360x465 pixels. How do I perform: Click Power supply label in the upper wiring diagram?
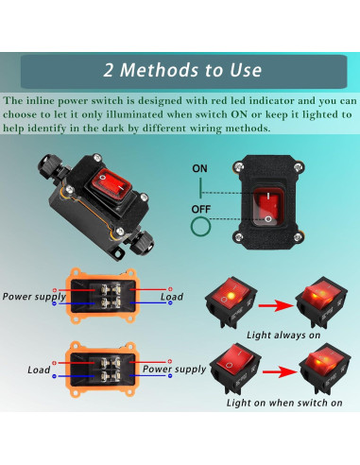tap(31, 295)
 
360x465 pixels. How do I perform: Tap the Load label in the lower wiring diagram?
tap(39, 370)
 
